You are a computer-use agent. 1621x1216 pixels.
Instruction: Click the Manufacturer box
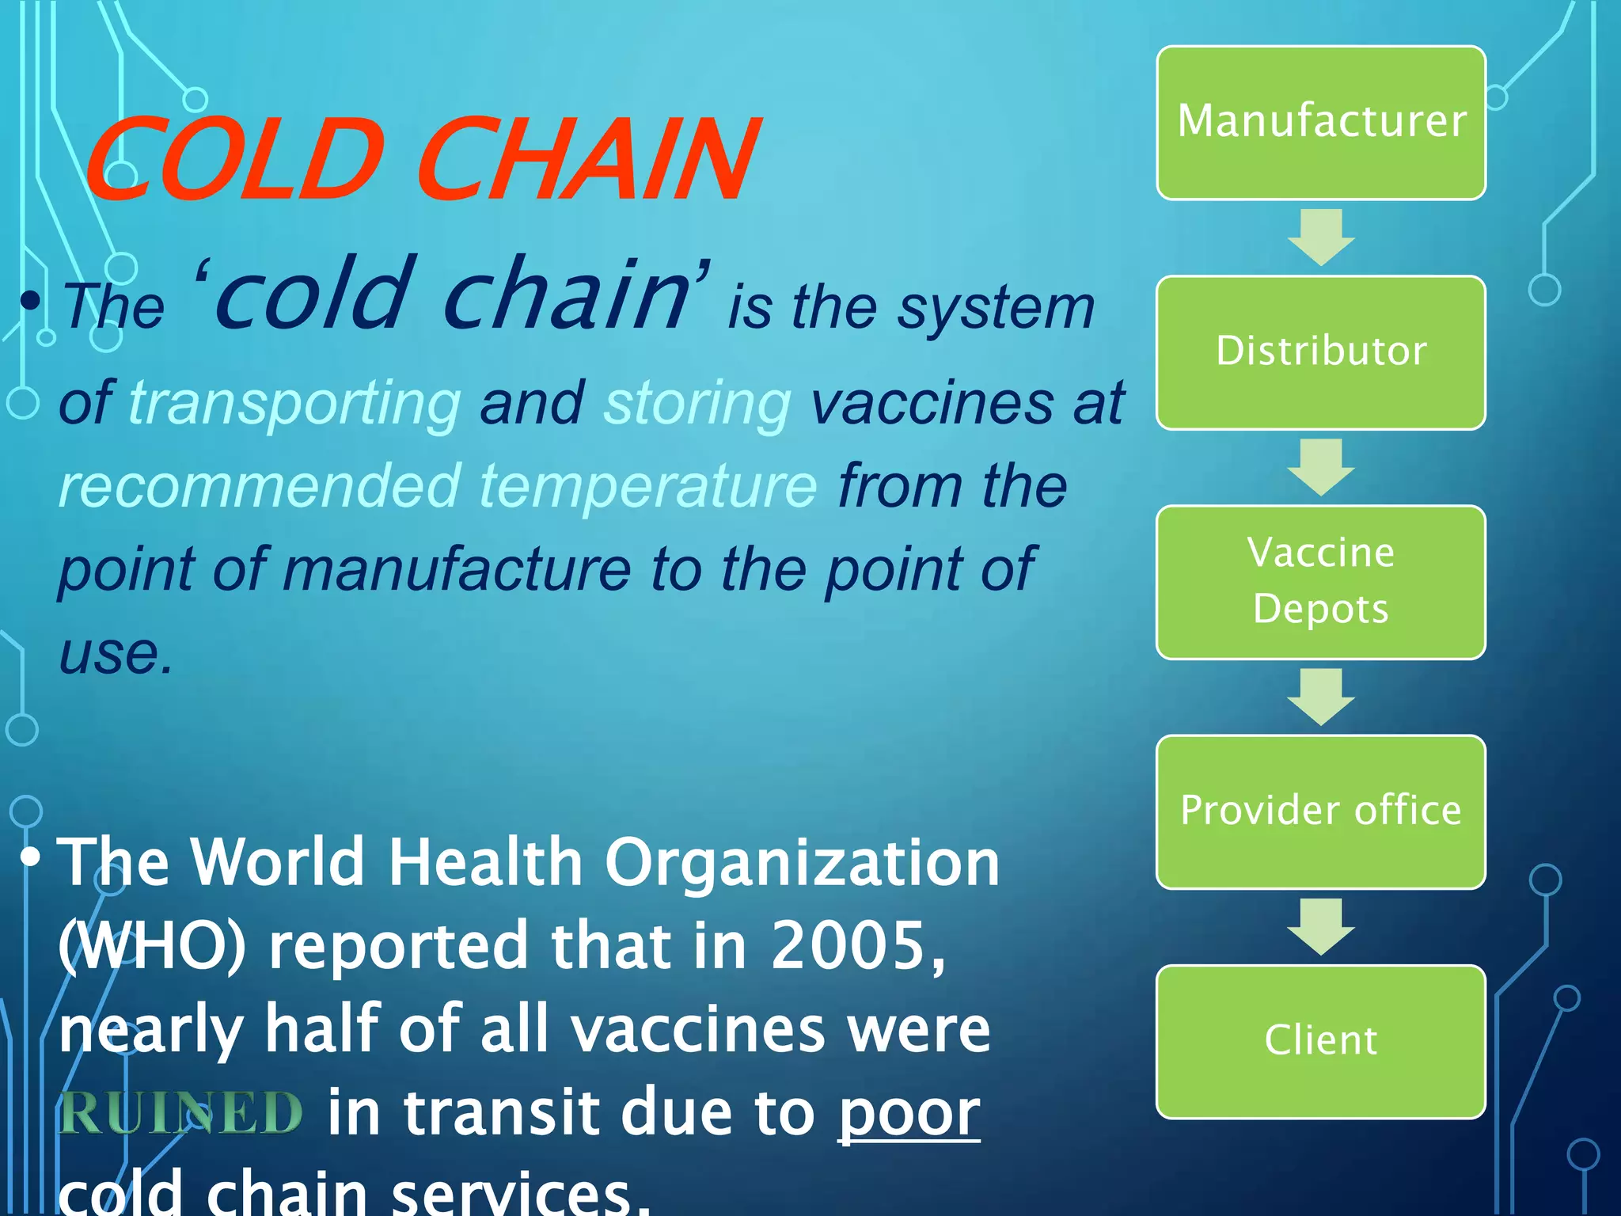click(x=1320, y=123)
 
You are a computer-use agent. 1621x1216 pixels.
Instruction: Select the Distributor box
click(x=1320, y=352)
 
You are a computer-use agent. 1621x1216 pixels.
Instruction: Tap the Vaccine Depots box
click(x=1320, y=582)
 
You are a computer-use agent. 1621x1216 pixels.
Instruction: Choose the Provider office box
click(x=1320, y=811)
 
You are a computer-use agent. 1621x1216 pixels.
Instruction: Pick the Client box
click(x=1320, y=1041)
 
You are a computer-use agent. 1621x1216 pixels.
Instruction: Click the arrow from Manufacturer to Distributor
click(x=1320, y=237)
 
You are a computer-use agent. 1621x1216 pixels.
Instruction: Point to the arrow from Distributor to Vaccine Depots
click(x=1320, y=467)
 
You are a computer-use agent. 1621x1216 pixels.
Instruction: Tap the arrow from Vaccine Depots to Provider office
click(x=1320, y=697)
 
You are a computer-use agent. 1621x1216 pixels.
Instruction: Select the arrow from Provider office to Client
click(x=1320, y=926)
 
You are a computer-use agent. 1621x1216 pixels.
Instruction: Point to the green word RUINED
click(x=180, y=1112)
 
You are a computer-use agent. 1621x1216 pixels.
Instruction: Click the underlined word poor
click(x=909, y=1112)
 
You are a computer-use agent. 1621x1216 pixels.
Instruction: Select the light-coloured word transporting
click(x=294, y=404)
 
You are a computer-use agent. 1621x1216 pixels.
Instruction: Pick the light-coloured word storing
click(x=697, y=404)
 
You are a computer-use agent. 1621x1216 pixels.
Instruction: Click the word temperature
click(x=648, y=486)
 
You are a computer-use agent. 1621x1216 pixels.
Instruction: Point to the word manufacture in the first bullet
click(x=457, y=569)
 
